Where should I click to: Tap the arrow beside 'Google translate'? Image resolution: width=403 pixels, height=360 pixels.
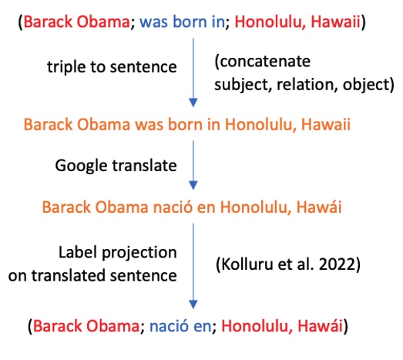click(193, 167)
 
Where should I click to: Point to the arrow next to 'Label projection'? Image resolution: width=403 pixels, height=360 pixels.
click(193, 266)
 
